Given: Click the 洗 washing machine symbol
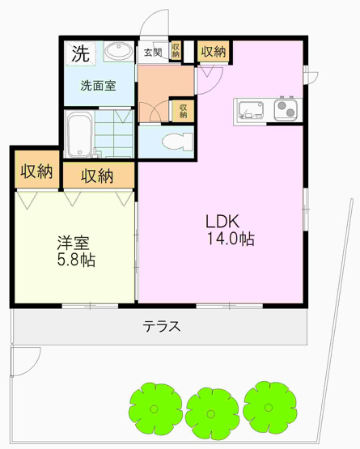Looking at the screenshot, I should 79,55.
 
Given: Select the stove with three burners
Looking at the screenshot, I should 286,108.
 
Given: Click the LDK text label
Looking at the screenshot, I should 221,220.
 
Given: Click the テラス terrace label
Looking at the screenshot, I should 161,328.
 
